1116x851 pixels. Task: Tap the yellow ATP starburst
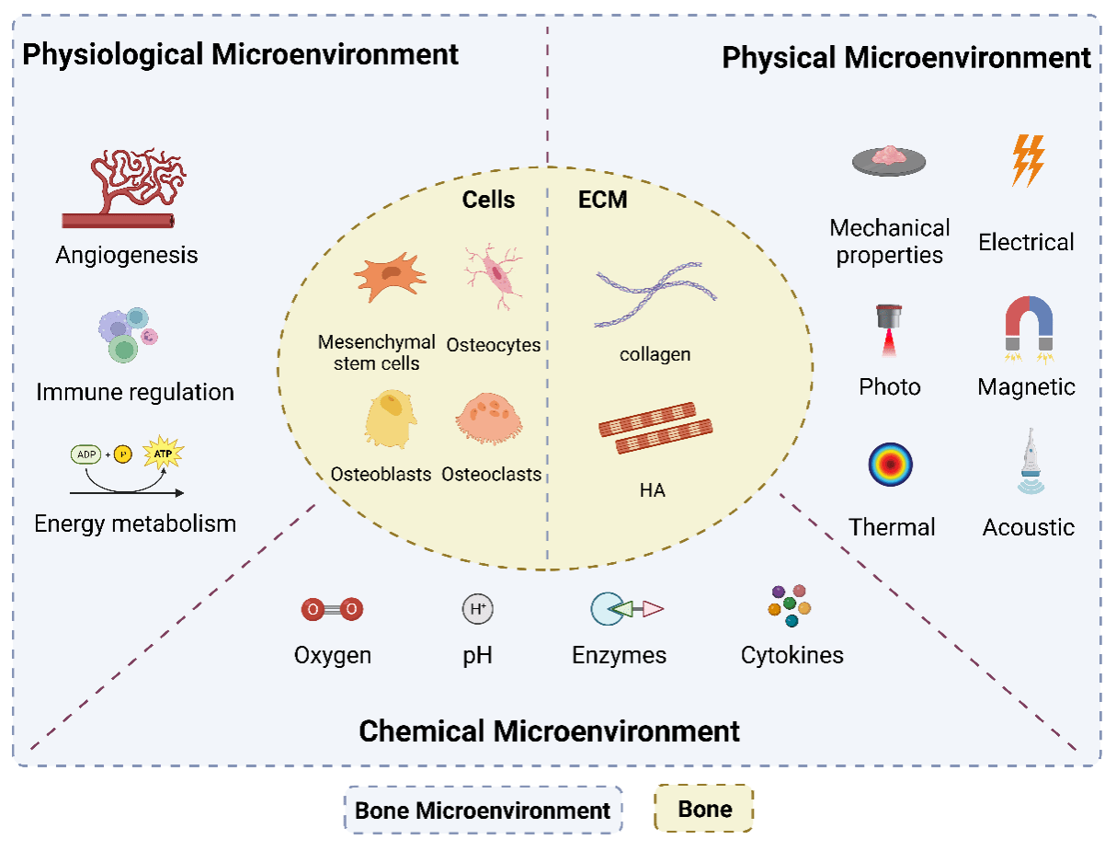coord(164,453)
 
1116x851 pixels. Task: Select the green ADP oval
coord(85,454)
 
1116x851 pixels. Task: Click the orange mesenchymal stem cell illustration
coord(390,277)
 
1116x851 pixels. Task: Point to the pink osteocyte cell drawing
coord(493,275)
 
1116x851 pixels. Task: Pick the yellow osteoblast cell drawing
coord(390,419)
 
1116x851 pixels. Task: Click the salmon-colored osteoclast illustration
coord(489,418)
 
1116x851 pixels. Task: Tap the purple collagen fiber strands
coord(655,294)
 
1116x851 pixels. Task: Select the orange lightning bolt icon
coord(1028,160)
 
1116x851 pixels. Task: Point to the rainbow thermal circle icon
coord(890,465)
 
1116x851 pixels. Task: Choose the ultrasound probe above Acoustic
coord(1031,461)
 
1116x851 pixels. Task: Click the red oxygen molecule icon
coord(332,609)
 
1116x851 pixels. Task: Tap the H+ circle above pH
coord(477,609)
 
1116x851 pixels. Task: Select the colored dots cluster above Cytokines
coord(789,605)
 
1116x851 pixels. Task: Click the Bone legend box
coord(703,809)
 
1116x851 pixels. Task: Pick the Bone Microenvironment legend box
coord(483,811)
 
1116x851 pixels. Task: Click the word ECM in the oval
coord(602,200)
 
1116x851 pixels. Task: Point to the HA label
coord(653,490)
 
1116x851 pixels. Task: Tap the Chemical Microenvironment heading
coord(549,731)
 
